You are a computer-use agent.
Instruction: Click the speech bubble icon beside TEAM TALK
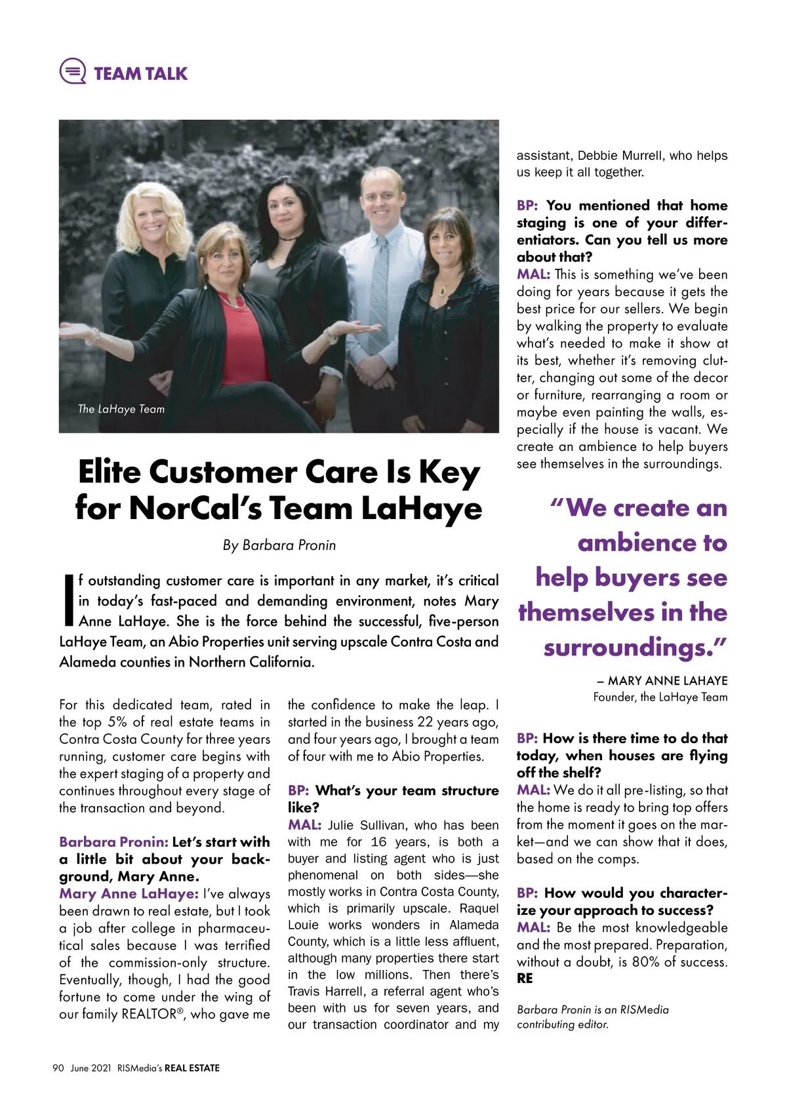(x=72, y=71)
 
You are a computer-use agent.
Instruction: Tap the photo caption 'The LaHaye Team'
(x=121, y=409)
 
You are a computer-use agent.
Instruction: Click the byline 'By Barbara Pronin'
(x=279, y=545)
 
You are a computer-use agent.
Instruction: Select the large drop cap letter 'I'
(x=68, y=600)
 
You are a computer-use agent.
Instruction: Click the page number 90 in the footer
(x=58, y=1068)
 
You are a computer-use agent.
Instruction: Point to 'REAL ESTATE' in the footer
(x=192, y=1068)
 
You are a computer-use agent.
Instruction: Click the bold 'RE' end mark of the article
(x=525, y=978)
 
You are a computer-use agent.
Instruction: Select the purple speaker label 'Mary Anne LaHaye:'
(x=129, y=894)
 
